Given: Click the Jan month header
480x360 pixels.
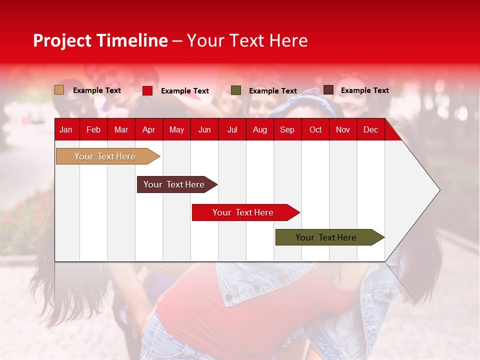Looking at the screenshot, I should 66,129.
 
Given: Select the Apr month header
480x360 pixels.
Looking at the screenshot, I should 148,129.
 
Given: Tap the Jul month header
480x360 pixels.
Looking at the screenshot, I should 232,129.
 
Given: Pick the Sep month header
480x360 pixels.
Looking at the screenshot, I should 287,129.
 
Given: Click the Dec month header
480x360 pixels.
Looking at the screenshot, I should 370,129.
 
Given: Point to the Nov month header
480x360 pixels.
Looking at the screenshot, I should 342,129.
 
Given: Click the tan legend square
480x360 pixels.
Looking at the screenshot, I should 59,90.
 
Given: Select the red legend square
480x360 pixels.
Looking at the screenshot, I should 147,90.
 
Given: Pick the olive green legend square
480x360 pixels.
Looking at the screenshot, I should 235,90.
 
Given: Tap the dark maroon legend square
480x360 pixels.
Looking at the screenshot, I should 328,90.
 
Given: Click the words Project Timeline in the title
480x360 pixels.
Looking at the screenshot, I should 100,40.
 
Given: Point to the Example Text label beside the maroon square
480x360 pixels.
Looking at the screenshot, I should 364,90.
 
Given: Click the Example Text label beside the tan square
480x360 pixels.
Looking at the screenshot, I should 96,90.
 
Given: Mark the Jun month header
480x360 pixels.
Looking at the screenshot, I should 204,129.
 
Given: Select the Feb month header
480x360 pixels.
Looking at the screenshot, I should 93,129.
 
